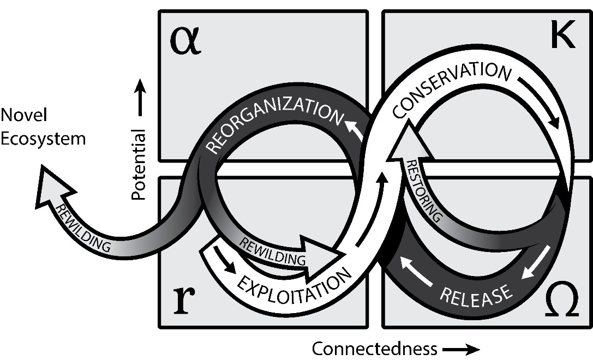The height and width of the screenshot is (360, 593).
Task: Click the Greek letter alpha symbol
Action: click(185, 42)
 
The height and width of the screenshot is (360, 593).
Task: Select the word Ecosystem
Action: click(43, 138)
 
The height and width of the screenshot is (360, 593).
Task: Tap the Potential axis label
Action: click(139, 164)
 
